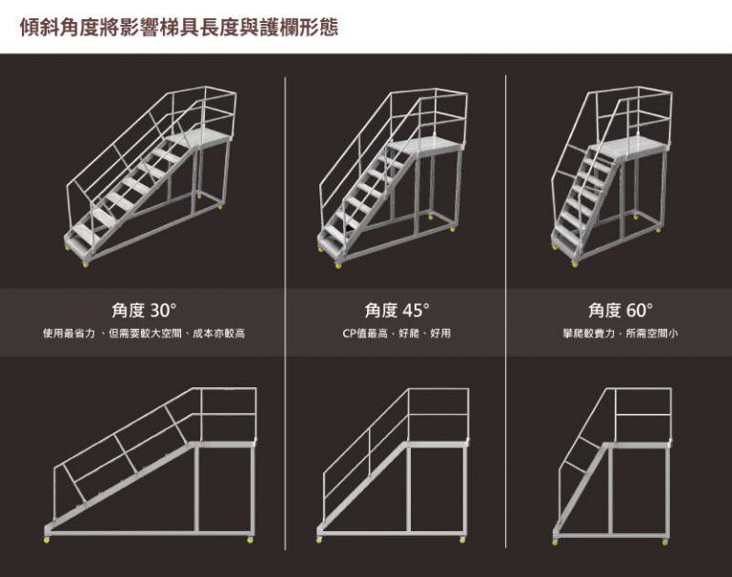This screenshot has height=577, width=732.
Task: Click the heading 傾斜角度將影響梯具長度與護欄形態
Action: point(179,27)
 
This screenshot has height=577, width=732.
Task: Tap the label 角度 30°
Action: point(144,310)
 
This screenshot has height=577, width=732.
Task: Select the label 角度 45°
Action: point(396,310)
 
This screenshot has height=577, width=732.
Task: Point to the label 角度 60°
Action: point(620,310)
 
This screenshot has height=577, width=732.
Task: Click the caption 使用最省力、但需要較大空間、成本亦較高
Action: point(144,334)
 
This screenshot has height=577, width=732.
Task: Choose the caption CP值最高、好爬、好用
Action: point(396,334)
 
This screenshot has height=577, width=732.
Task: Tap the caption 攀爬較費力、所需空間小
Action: point(620,334)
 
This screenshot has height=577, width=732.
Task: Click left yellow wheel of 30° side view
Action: point(47,540)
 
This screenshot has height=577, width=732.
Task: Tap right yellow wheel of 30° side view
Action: point(251,540)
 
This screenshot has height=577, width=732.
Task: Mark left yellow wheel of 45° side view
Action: point(319,540)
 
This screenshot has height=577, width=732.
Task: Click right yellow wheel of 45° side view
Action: point(462,540)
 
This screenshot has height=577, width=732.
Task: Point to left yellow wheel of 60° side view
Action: point(555,542)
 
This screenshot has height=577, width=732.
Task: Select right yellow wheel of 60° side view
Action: point(664,542)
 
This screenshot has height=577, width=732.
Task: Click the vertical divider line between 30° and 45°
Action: point(285,313)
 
